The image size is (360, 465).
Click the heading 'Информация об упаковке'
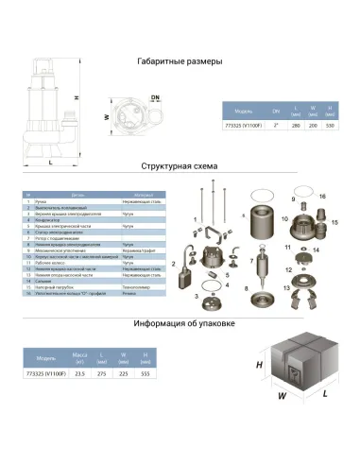(184, 323)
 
